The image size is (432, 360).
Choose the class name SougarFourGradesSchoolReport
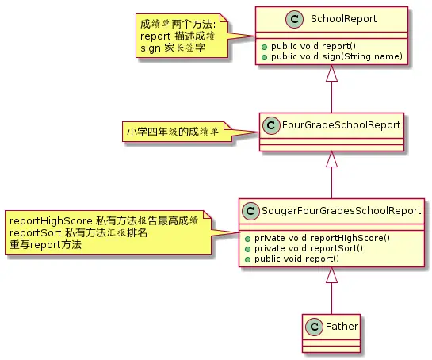342,211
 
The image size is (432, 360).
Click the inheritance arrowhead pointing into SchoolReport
331,75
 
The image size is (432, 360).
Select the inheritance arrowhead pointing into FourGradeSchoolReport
331,161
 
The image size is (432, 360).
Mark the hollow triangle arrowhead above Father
331,276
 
